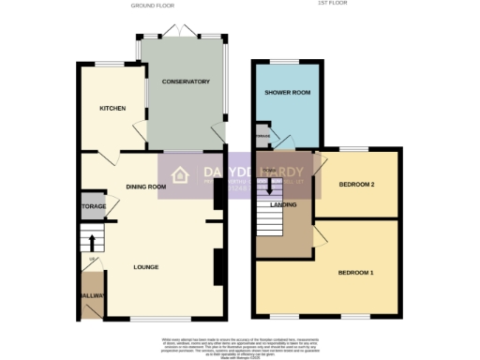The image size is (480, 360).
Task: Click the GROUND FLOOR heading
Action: tap(150, 6)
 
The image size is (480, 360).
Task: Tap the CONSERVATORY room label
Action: tap(185, 82)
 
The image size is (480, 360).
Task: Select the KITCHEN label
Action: tap(112, 109)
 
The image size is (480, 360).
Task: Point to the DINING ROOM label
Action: tap(145, 187)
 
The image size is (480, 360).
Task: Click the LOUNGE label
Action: tap(145, 267)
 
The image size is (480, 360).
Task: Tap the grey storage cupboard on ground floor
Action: tap(93, 207)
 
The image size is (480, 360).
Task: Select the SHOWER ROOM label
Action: tap(288, 94)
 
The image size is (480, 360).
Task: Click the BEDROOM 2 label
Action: tap(356, 185)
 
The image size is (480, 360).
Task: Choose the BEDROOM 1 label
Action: tap(356, 273)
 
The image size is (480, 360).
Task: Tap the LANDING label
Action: tap(283, 204)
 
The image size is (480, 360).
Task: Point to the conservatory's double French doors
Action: tap(184, 34)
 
